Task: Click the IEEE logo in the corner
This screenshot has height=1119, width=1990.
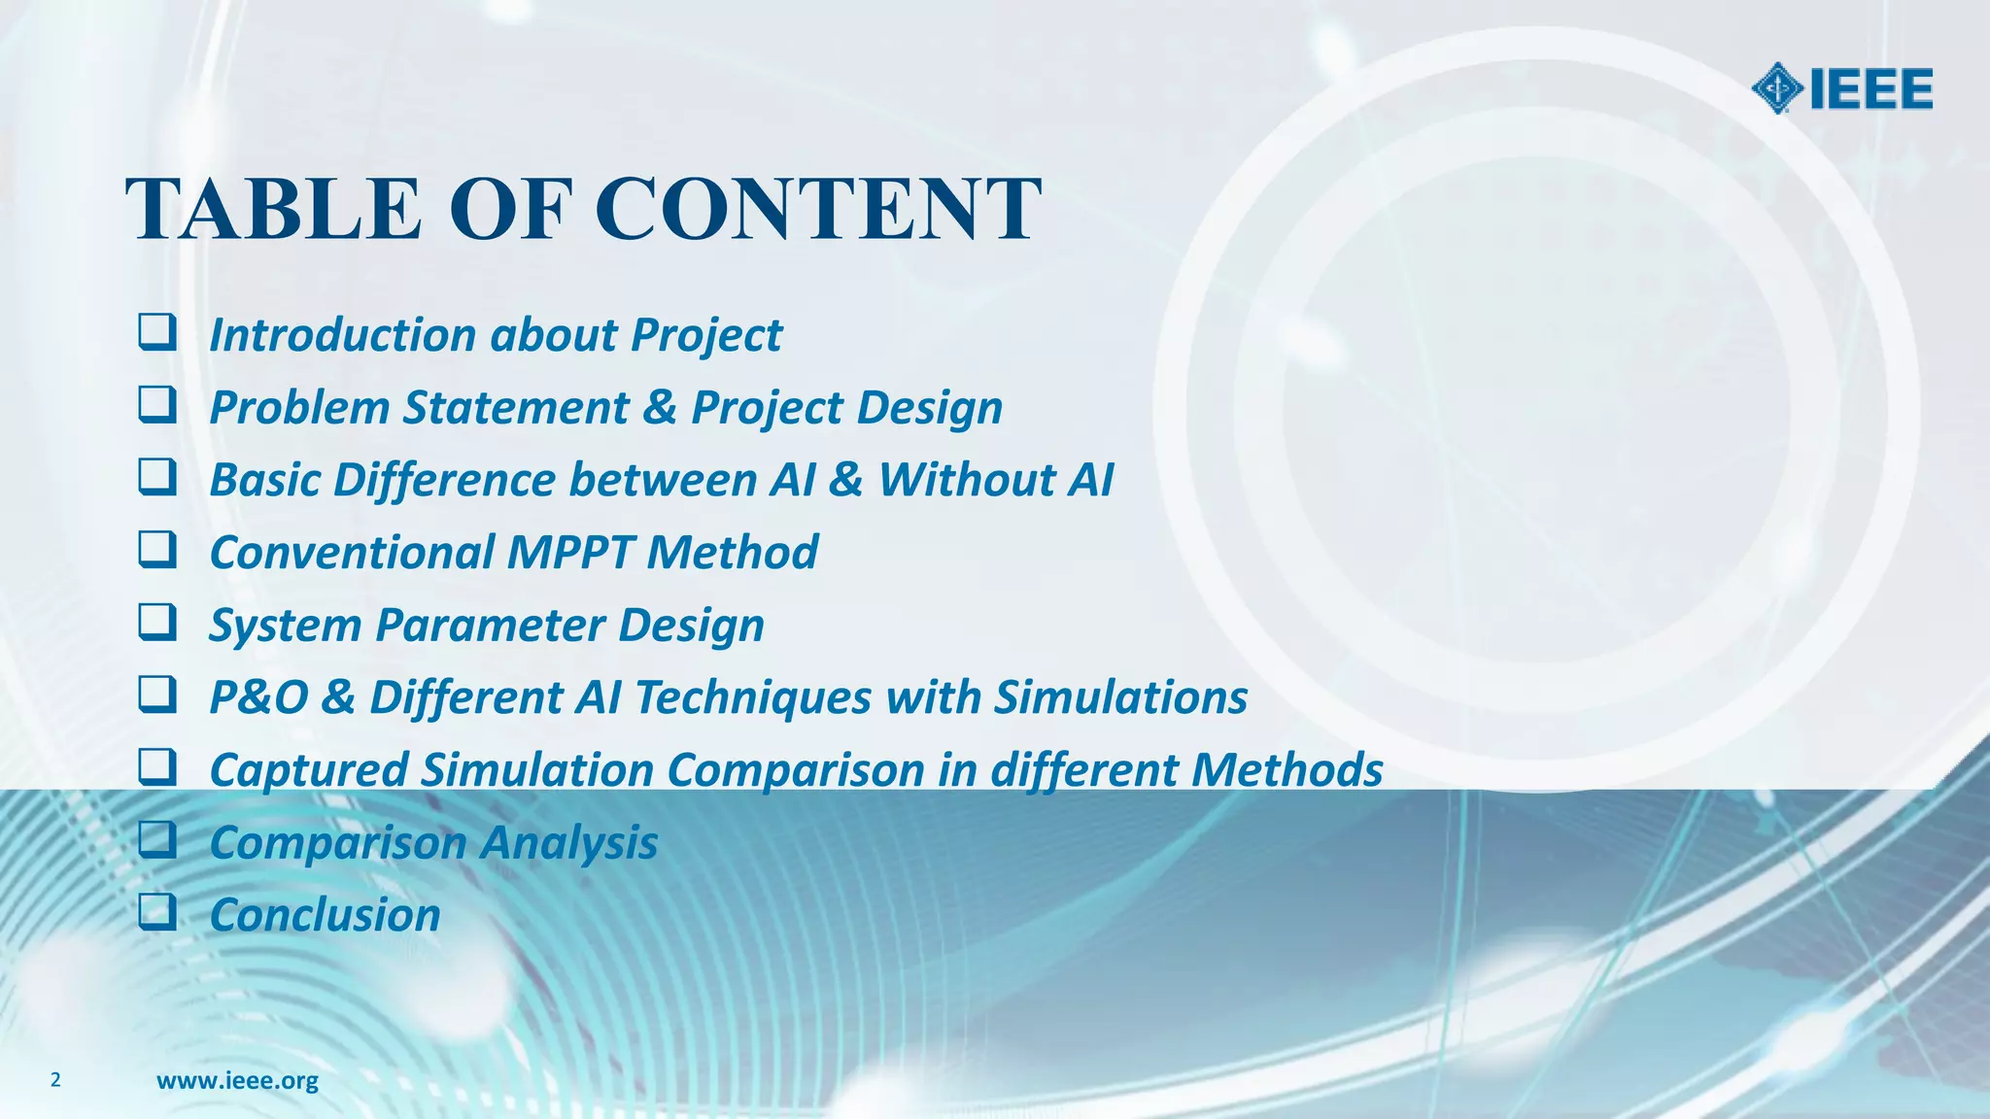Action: pyautogui.click(x=1841, y=89)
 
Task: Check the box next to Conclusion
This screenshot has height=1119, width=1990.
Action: pyautogui.click(x=156, y=912)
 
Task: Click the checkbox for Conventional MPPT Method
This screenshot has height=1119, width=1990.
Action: pyautogui.click(x=156, y=550)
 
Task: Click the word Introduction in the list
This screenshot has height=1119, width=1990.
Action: pyautogui.click(x=344, y=335)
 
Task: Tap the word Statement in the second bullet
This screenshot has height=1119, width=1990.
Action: pyautogui.click(x=516, y=408)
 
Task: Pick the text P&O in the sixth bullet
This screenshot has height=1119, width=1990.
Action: pyautogui.click(x=258, y=697)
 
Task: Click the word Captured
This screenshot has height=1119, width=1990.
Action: pyautogui.click(x=308, y=770)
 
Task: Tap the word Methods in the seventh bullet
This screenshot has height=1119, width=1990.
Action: pyautogui.click(x=1287, y=770)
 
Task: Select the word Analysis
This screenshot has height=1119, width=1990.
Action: pyautogui.click(x=569, y=843)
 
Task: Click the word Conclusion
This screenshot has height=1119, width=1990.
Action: pyautogui.click(x=325, y=915)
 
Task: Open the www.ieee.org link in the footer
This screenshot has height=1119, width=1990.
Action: pyautogui.click(x=237, y=1080)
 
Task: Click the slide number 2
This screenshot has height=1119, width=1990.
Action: pyautogui.click(x=55, y=1079)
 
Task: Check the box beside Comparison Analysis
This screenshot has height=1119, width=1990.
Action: pyautogui.click(x=156, y=839)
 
